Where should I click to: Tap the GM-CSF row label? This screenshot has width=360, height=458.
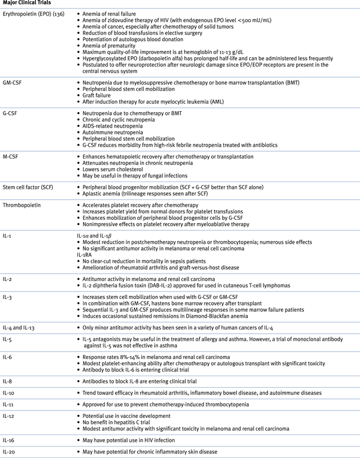click(13, 82)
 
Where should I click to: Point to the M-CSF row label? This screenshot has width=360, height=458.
click(12, 156)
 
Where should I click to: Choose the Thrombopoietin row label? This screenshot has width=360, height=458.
click(22, 204)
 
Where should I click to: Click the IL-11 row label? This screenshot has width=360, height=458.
click(10, 404)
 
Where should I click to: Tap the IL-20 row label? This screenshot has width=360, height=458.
click(10, 452)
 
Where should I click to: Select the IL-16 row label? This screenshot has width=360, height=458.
click(10, 440)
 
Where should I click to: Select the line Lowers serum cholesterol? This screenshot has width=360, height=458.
click(118, 169)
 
